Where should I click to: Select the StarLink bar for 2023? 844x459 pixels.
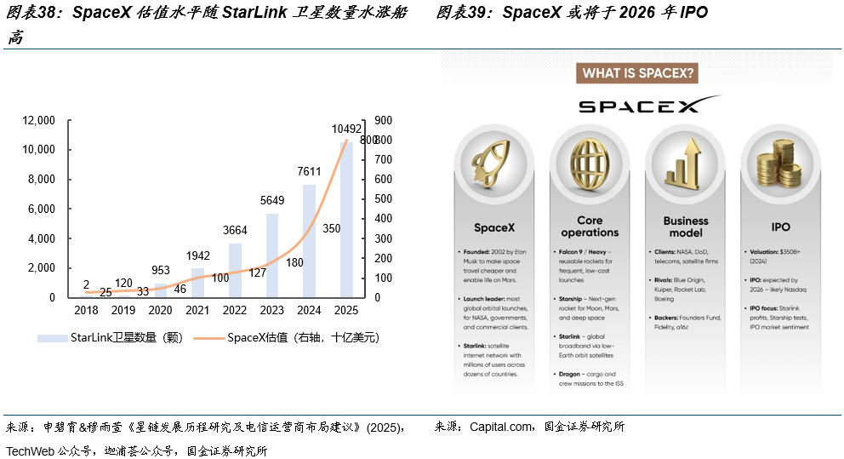coord(272,255)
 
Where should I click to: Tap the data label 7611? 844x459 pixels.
coord(309,171)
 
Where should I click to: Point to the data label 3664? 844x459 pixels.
coord(235,230)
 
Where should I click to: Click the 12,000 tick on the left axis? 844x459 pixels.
coord(39,120)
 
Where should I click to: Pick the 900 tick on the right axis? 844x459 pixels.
coord(383,120)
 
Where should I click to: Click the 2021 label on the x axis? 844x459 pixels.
coord(197,311)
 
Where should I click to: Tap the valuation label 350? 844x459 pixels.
coord(332,229)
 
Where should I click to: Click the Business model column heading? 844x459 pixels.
coord(686,227)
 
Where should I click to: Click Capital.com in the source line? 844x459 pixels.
coord(502,427)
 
